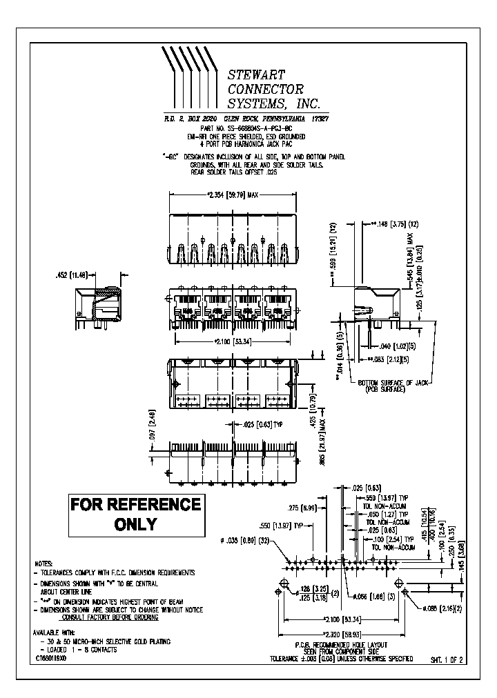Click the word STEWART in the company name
[x=256, y=74]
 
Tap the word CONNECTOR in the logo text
[x=265, y=89]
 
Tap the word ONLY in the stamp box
[x=136, y=525]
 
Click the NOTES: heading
[x=43, y=564]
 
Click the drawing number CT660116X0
[x=51, y=659]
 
